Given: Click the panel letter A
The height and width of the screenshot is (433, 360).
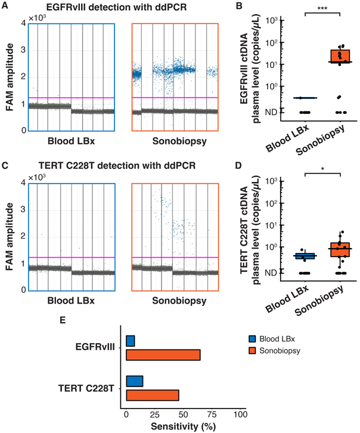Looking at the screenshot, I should pyautogui.click(x=5, y=5).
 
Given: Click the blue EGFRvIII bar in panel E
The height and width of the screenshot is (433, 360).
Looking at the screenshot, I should pyautogui.click(x=131, y=341).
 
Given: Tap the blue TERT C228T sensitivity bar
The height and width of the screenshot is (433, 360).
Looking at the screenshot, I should pyautogui.click(x=135, y=381).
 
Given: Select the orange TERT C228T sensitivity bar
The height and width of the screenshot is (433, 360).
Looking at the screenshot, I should pyautogui.click(x=153, y=395).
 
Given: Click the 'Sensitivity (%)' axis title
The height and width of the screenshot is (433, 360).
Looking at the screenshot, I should pyautogui.click(x=182, y=426).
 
